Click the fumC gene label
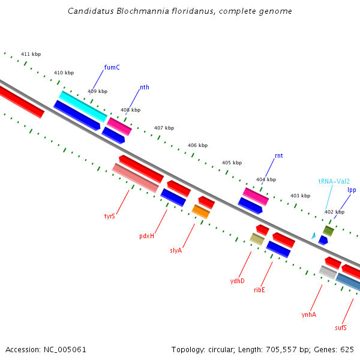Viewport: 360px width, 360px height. pos(112,67)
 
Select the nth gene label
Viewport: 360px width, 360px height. pos(145,87)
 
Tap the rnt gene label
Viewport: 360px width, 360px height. pos(278,155)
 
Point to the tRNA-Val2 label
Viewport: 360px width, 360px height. pos(334,181)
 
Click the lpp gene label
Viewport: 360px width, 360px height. pos(352,190)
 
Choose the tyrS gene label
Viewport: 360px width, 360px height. pos(109,216)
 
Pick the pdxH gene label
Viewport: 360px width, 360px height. pos(146,236)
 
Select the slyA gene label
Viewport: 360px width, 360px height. pos(176,250)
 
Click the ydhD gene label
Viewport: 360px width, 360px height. pos(238,280)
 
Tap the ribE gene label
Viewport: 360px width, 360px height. pos(259,290)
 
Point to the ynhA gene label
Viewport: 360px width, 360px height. pos(308,314)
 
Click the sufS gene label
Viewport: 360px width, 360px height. pos(341,328)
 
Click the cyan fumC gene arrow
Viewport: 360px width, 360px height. pos(83,106)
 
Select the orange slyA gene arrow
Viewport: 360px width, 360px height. pos(201,211)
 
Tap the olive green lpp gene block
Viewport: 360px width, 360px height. pos(328,231)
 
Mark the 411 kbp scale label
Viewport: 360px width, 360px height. pos(31,55)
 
